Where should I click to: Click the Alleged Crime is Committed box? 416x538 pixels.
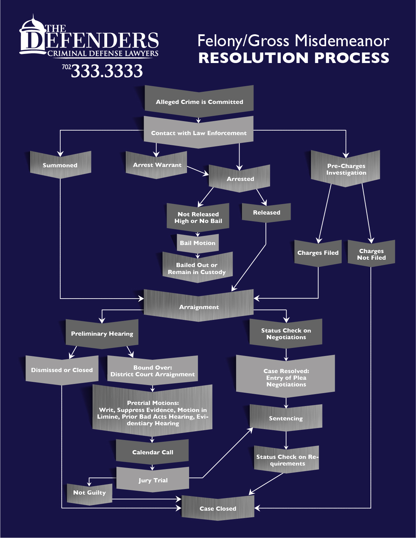click(199, 102)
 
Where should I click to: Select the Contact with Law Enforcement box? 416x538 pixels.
click(199, 133)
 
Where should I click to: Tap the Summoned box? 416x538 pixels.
click(60, 165)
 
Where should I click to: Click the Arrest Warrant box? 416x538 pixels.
click(157, 165)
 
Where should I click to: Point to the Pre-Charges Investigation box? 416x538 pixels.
click(346, 169)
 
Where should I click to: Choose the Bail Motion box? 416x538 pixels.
click(197, 243)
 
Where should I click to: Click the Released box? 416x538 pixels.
click(266, 212)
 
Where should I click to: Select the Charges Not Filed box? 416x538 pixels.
click(371, 254)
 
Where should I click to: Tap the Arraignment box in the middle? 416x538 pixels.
click(199, 307)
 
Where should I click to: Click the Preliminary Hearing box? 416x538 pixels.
click(102, 334)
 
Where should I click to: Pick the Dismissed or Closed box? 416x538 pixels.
click(62, 370)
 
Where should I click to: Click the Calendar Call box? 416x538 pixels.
click(152, 452)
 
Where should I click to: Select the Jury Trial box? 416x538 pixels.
click(153, 480)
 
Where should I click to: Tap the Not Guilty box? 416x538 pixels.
click(89, 492)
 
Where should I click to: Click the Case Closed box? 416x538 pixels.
click(217, 508)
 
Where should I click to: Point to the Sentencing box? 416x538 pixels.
click(286, 418)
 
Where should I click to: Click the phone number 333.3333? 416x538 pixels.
click(107, 71)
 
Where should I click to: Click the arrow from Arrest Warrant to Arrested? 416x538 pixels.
click(197, 171)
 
